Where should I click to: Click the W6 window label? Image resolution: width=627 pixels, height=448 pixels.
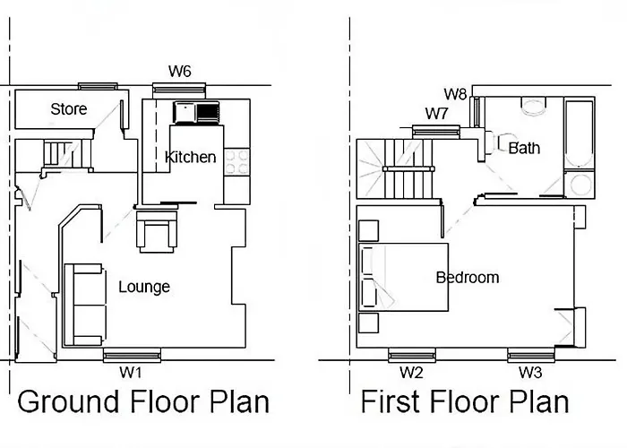pos(179,71)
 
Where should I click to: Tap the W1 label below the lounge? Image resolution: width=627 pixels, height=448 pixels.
pos(131,373)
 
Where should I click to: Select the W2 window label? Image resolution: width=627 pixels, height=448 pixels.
pos(411,373)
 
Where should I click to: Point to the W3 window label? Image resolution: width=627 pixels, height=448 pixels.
pos(530,373)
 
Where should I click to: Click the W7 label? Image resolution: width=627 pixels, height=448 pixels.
pos(437,114)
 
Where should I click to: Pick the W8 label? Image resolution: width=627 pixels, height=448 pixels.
pos(455,94)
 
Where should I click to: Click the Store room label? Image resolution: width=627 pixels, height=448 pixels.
pos(69,108)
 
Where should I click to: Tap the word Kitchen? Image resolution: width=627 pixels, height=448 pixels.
pos(191,157)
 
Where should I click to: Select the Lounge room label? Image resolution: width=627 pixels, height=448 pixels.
pos(144,288)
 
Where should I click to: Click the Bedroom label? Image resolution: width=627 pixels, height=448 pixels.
pos(468,278)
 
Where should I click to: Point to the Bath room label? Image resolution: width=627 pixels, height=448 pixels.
pos(524,149)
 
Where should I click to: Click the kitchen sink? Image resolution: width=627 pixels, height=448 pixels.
pos(196,112)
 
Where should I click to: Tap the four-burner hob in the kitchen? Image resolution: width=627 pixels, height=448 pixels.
pos(236,161)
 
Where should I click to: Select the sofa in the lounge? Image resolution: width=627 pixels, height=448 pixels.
pos(85,305)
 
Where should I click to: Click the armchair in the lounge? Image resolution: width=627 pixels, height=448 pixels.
pos(157,231)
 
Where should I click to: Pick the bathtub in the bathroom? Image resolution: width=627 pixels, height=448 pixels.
pos(579,134)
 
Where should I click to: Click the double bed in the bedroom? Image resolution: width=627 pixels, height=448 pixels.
pos(403,277)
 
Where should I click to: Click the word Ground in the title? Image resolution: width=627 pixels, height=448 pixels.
pos(68,402)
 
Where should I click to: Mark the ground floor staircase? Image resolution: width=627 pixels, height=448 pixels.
pos(67,153)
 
